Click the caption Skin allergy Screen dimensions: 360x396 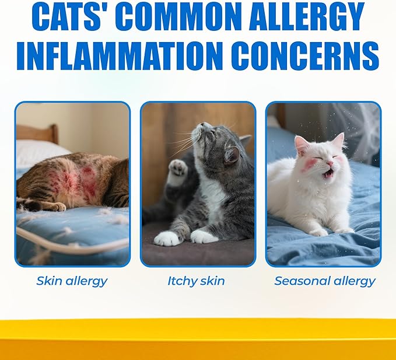72,281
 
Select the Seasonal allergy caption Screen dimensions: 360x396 325,281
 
